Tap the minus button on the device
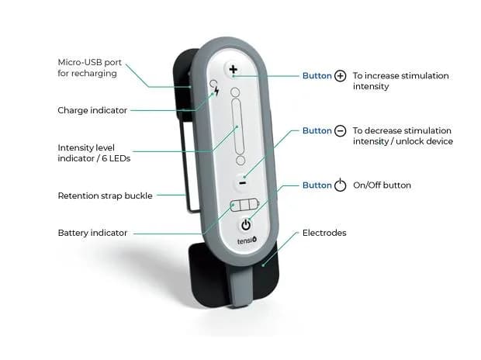click(242, 183)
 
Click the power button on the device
click(246, 225)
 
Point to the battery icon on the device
click(244, 205)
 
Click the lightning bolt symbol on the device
click(217, 90)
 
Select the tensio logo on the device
click(247, 241)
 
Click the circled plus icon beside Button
click(341, 76)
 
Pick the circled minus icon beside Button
click(341, 131)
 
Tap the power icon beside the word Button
click(341, 185)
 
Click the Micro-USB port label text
click(89, 67)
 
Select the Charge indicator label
click(92, 110)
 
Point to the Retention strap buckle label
click(106, 196)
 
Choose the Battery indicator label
click(92, 233)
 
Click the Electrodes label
click(324, 233)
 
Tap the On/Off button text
click(382, 185)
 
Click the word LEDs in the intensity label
click(120, 158)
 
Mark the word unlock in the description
click(410, 141)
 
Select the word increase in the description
click(380, 76)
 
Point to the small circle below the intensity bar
click(240, 160)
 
